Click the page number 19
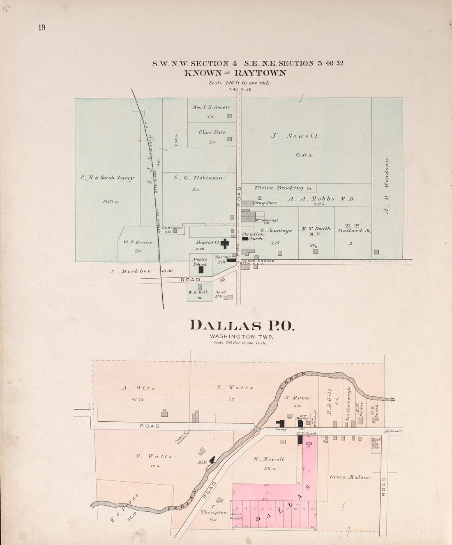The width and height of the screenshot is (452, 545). pos(42,28)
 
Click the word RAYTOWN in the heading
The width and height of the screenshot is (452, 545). pos(260,74)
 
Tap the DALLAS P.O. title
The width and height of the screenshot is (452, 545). pos(242,325)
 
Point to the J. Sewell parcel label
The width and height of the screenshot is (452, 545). pos(295,136)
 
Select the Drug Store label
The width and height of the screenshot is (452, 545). pos(265,203)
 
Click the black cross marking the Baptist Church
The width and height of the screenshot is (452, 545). pos(225,243)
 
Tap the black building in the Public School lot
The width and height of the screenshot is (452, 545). pos(201,270)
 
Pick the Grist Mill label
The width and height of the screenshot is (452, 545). pos(221,294)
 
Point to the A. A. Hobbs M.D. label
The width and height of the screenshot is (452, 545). pos(321,199)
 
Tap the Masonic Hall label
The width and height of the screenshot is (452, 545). pos(220,259)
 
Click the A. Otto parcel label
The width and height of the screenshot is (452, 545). pos(138,388)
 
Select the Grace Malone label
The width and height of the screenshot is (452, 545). pos(350,477)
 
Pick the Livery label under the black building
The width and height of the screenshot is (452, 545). pos(281,429)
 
